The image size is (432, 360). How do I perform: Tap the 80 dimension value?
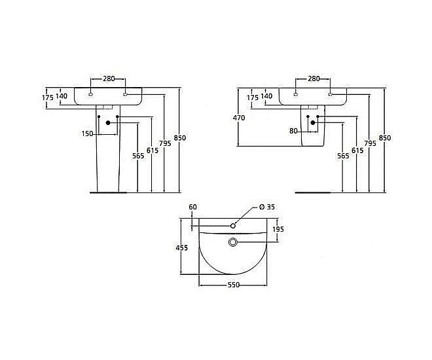click(x=294, y=131)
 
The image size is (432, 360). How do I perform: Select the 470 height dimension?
click(x=238, y=118)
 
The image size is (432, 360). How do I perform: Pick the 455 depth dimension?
click(x=182, y=247)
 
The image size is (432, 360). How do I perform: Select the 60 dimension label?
click(x=192, y=207)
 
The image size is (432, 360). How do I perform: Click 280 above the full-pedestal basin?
click(x=109, y=79)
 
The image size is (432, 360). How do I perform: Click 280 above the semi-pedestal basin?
click(x=314, y=79)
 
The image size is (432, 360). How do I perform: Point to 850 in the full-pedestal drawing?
click(x=180, y=137)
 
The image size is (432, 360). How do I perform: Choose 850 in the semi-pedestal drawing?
click(x=385, y=138)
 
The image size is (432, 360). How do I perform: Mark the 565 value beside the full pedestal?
click(x=137, y=156)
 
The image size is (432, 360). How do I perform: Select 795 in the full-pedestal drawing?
click(x=166, y=143)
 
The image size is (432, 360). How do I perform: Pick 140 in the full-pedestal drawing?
click(x=61, y=96)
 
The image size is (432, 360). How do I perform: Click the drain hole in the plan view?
click(x=233, y=242)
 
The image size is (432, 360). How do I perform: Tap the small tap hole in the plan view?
click(x=233, y=226)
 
